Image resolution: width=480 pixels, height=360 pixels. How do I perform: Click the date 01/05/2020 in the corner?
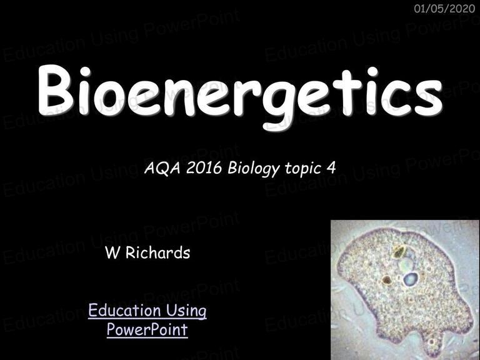[444, 8]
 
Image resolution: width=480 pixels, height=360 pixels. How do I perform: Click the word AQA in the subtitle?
[162, 168]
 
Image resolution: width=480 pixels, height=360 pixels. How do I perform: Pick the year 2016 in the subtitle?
[204, 167]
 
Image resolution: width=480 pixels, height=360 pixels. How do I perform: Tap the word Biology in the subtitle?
[254, 169]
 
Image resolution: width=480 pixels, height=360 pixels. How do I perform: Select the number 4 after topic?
[331, 167]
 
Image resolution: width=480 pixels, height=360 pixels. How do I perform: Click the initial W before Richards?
[112, 253]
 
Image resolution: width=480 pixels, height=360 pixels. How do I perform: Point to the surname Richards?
[158, 252]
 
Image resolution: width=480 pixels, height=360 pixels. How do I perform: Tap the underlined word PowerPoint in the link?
[147, 330]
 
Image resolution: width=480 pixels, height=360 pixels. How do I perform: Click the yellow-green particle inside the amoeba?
[399, 252]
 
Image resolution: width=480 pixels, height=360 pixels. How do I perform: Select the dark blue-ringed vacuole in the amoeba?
[411, 279]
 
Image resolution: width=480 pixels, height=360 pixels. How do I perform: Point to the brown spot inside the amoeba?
[387, 280]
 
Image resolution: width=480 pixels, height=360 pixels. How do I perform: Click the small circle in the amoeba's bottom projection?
[432, 342]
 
